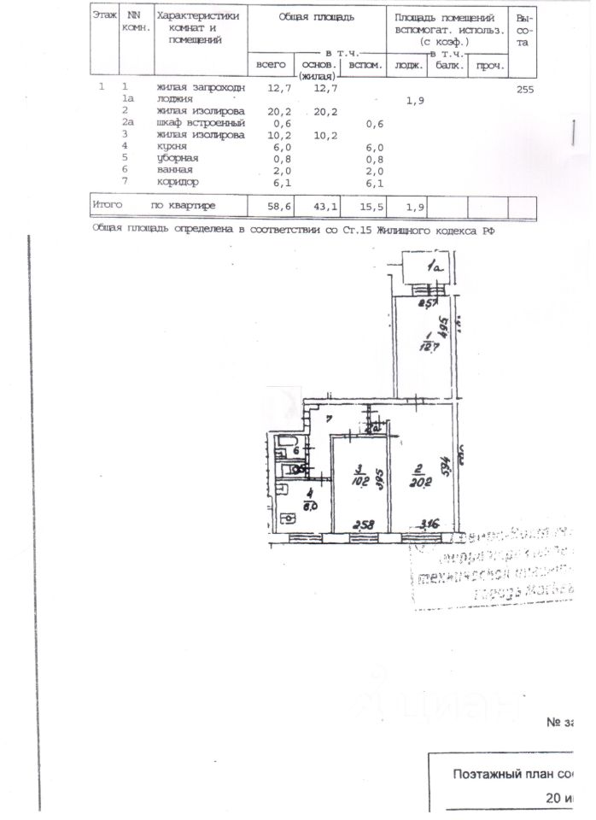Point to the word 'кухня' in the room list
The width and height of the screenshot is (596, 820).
pyautogui.click(x=173, y=147)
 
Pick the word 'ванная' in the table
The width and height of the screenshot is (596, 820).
pyautogui.click(x=175, y=170)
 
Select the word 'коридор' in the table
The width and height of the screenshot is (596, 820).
pyautogui.click(x=178, y=182)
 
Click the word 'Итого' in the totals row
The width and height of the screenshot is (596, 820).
pyautogui.click(x=108, y=206)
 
